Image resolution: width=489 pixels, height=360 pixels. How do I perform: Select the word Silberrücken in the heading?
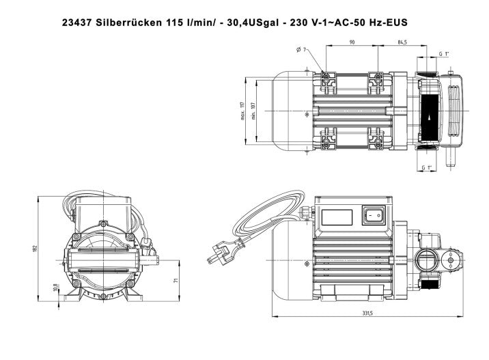pos(130,23)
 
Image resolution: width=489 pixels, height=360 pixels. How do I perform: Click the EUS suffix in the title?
pos(395,23)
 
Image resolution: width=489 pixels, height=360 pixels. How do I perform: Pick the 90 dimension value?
pos(352,43)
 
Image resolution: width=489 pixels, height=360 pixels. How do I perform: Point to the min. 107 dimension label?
pos(252,111)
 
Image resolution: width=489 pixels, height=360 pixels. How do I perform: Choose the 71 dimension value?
pos(177,280)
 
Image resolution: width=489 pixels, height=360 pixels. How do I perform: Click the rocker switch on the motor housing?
pos(374,216)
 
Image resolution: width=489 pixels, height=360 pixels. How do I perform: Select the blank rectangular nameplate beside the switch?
pos(337,218)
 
